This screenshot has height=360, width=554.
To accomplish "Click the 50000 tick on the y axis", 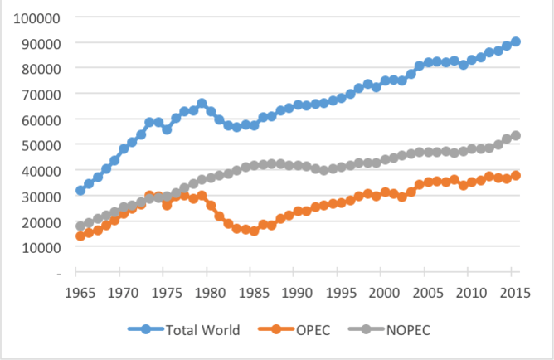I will pos(40,145).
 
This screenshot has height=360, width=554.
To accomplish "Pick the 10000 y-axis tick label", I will pos(40,247).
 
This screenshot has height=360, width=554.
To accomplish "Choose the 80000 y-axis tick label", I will pos(40,68).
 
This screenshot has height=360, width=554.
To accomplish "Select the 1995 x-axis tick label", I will pos(338,292).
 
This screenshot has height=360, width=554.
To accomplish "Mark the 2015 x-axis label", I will pos(515,292).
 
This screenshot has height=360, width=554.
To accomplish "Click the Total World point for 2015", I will pos(516,41).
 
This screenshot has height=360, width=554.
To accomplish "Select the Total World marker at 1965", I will pos(80,190).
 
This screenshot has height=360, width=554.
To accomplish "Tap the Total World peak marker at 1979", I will pos(202,104).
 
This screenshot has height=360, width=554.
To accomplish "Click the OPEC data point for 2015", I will pos(516,175).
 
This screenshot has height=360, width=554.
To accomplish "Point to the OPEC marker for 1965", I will pos(80,236).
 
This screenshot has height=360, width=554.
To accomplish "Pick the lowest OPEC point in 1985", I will pos(254,231).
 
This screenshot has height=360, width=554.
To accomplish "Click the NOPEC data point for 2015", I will pos(516,135).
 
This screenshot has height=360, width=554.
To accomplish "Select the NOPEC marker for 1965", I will pos(80,226).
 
